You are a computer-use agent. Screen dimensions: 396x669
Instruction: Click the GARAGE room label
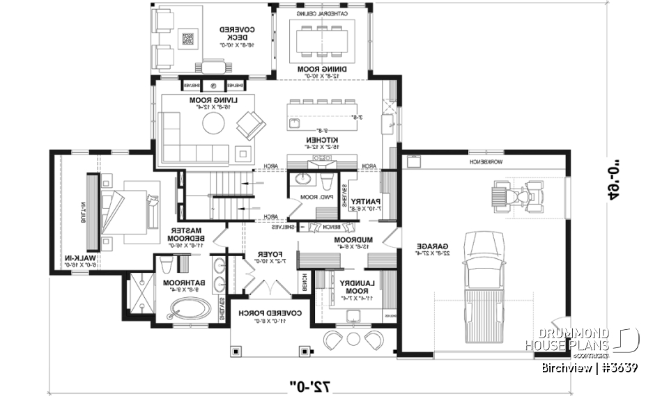pyautogui.click(x=431, y=248)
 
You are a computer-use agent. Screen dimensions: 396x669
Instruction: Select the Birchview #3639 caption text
pyautogui.click(x=590, y=367)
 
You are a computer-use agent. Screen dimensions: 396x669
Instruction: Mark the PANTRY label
pyautogui.click(x=367, y=202)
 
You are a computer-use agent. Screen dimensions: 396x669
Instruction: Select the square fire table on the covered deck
pyautogui.click(x=187, y=39)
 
